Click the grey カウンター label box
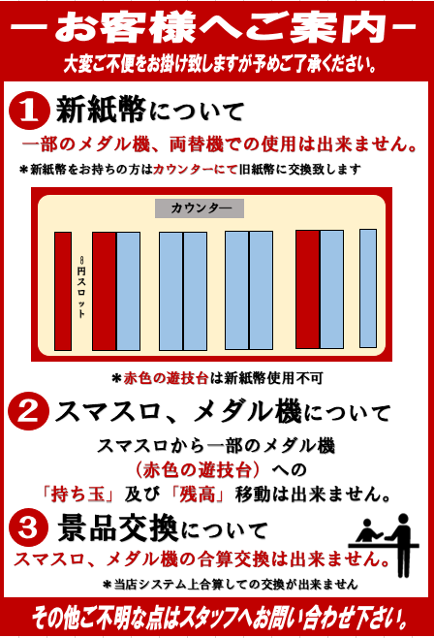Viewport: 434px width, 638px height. pos(200,208)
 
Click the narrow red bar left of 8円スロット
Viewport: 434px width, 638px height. pos(63,291)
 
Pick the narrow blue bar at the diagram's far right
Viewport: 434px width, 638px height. pos(367,288)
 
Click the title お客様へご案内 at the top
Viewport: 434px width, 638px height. pos(217,29)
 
